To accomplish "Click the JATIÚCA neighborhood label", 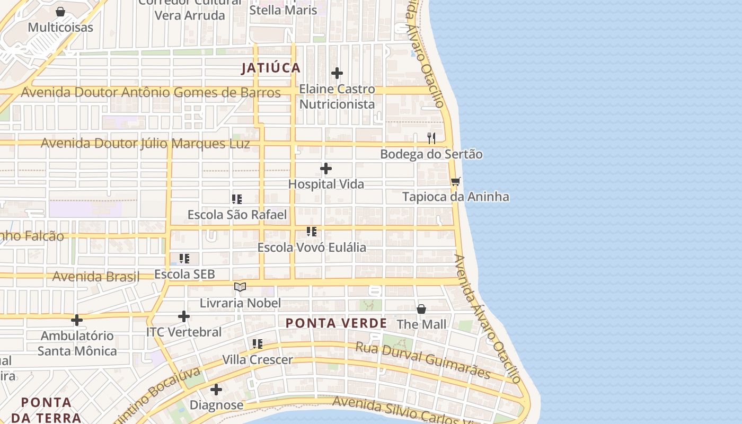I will (271, 68).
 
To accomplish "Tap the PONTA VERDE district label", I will (336, 323).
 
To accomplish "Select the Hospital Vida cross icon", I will (326, 169).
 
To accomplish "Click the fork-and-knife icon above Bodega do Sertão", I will (431, 138).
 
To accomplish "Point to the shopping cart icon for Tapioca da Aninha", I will (455, 181).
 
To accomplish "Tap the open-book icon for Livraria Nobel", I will (240, 287).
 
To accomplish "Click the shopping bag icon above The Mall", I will (421, 308).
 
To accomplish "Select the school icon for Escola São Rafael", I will (237, 199).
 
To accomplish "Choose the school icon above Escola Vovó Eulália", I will (312, 232).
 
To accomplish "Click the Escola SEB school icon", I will (184, 259).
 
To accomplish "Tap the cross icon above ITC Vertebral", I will (184, 316).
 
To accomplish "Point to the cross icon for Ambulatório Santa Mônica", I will (77, 320).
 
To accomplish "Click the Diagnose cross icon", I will (216, 390).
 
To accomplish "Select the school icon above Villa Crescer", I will (258, 344).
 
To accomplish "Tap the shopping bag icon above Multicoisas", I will (60, 12).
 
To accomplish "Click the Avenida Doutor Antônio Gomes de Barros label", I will (151, 92).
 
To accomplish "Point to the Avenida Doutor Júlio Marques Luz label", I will (145, 143).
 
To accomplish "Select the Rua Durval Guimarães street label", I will (422, 360).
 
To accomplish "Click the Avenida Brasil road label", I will (96, 276).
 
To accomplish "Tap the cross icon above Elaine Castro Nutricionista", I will (337, 73).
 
